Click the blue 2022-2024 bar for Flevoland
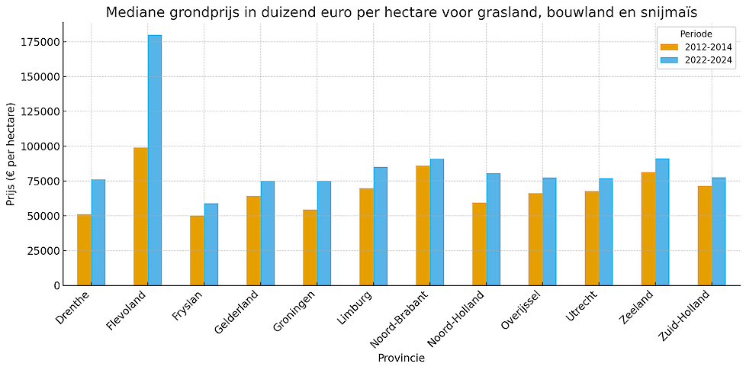pyautogui.click(x=155, y=160)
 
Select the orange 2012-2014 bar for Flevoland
pyautogui.click(x=140, y=216)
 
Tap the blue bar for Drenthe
pyautogui.click(x=98, y=233)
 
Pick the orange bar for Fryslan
pyautogui.click(x=197, y=250)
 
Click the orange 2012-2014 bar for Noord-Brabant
pyautogui.click(x=423, y=225)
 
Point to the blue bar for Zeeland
pyautogui.click(x=662, y=222)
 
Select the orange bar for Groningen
pyautogui.click(x=310, y=247)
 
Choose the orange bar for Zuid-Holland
pyautogui.click(x=705, y=236)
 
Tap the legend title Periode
pyautogui.click(x=696, y=34)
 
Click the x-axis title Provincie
pyautogui.click(x=401, y=358)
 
